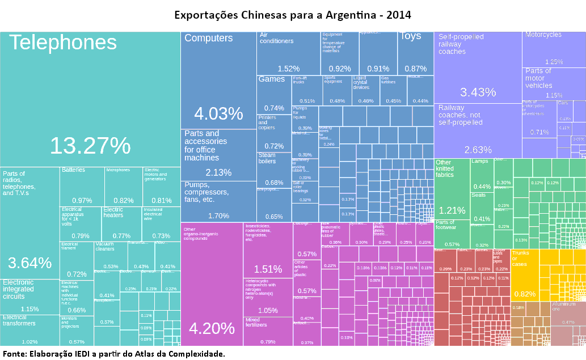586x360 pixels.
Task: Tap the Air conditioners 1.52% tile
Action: tap(288, 54)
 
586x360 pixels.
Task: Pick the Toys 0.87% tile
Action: tap(415, 54)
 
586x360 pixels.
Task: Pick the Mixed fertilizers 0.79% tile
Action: tap(267, 331)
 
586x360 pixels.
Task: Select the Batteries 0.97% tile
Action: tap(82, 187)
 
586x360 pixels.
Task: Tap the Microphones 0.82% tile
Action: tap(123, 187)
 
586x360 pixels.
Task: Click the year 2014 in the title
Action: tap(399, 14)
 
